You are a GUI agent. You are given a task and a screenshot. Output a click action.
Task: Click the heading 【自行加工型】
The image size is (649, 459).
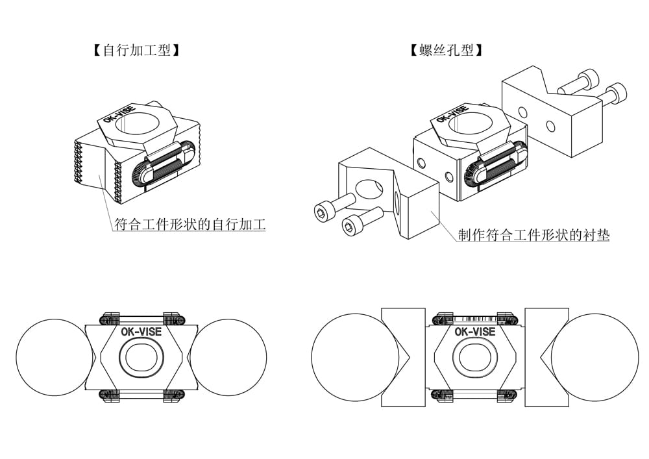[x=136, y=50]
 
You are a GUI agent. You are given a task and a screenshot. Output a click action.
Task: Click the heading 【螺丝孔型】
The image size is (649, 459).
[x=447, y=50]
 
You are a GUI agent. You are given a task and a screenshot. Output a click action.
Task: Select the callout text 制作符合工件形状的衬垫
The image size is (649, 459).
[x=533, y=235]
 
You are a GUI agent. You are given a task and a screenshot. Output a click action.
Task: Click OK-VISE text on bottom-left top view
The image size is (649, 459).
[x=141, y=331]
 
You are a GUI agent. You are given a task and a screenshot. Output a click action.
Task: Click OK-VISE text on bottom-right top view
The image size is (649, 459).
[x=474, y=332]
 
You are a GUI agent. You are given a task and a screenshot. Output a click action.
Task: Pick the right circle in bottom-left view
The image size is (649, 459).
[x=228, y=357]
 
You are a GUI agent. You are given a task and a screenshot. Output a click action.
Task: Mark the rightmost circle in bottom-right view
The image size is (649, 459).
[x=594, y=357]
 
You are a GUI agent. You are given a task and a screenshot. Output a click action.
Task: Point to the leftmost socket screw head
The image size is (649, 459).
[x=322, y=212]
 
